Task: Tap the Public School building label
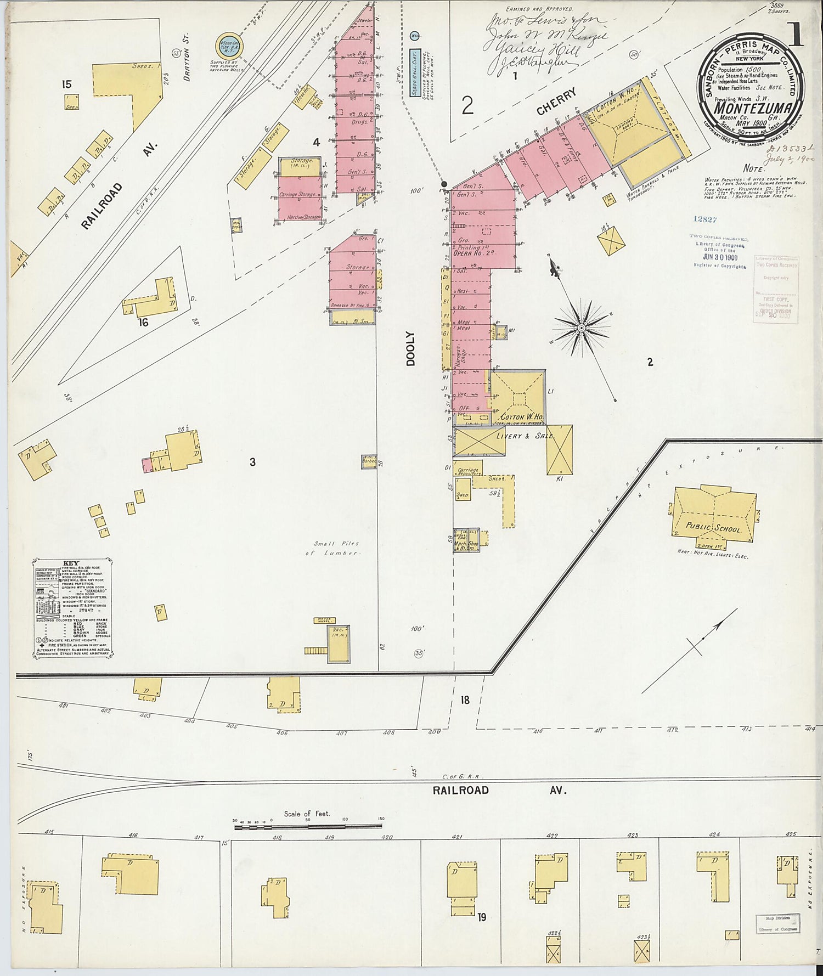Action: pyautogui.click(x=713, y=528)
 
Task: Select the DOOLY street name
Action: pyautogui.click(x=411, y=348)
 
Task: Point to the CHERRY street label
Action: pyautogui.click(x=557, y=102)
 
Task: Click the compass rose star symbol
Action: pyautogui.click(x=581, y=328)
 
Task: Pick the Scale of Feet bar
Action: pyautogui.click(x=308, y=826)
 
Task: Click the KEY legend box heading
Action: pyautogui.click(x=71, y=563)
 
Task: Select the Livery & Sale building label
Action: pyautogui.click(x=525, y=436)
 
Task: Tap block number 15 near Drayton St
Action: pyautogui.click(x=66, y=84)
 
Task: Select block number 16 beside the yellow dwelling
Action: pyautogui.click(x=143, y=323)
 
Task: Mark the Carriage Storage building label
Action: pyautogui.click(x=298, y=195)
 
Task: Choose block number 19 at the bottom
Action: pyautogui.click(x=482, y=917)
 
